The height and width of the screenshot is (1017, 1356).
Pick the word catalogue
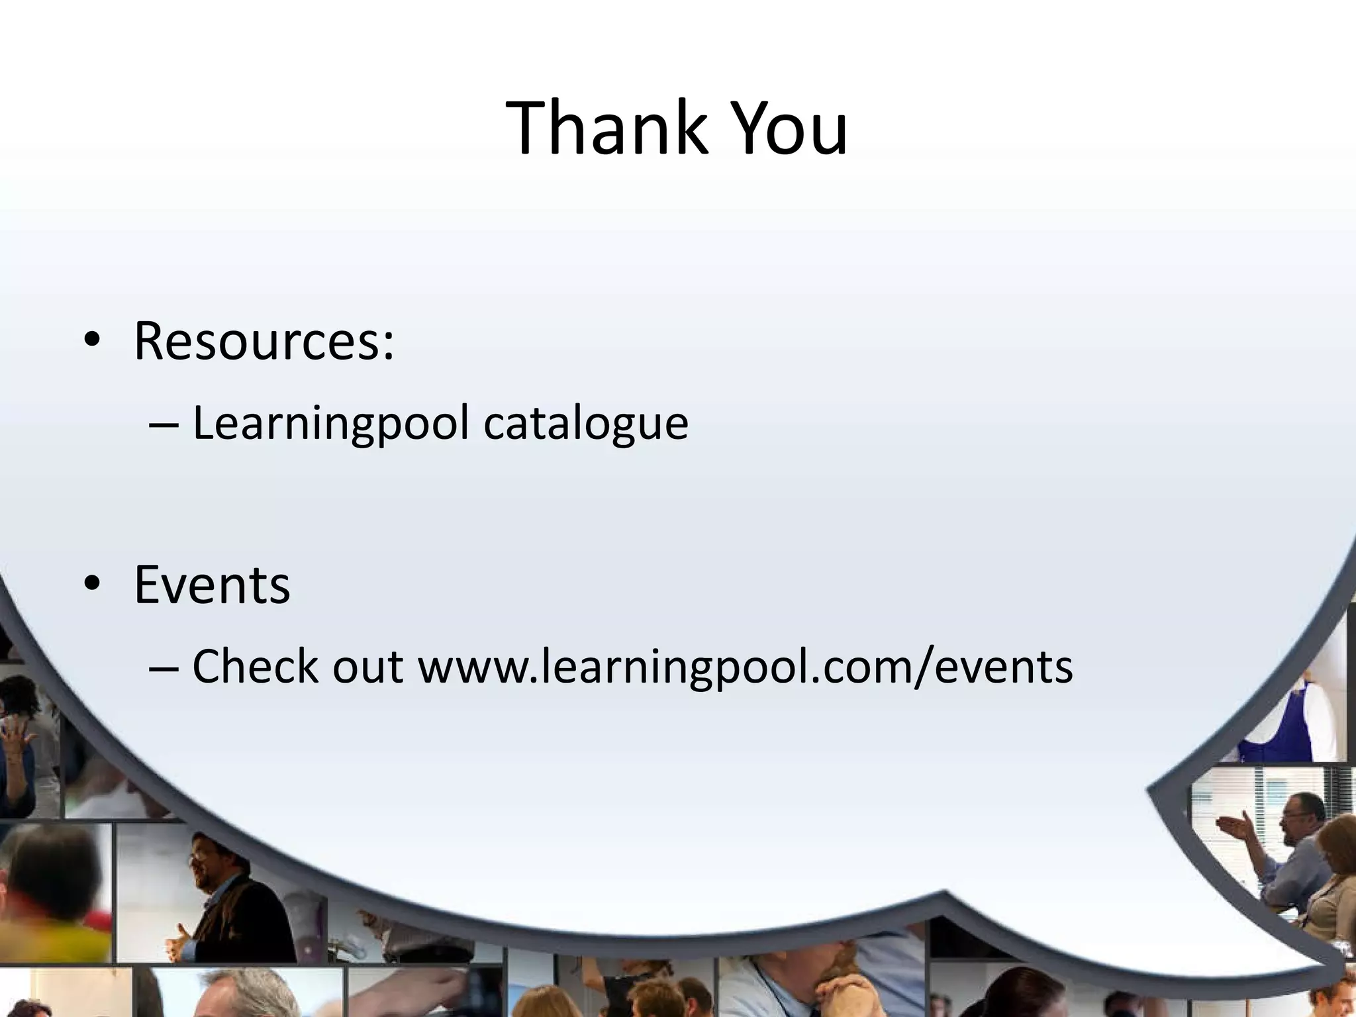click(586, 424)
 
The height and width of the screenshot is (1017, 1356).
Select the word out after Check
click(367, 667)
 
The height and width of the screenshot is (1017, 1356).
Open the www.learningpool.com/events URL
click(745, 667)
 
